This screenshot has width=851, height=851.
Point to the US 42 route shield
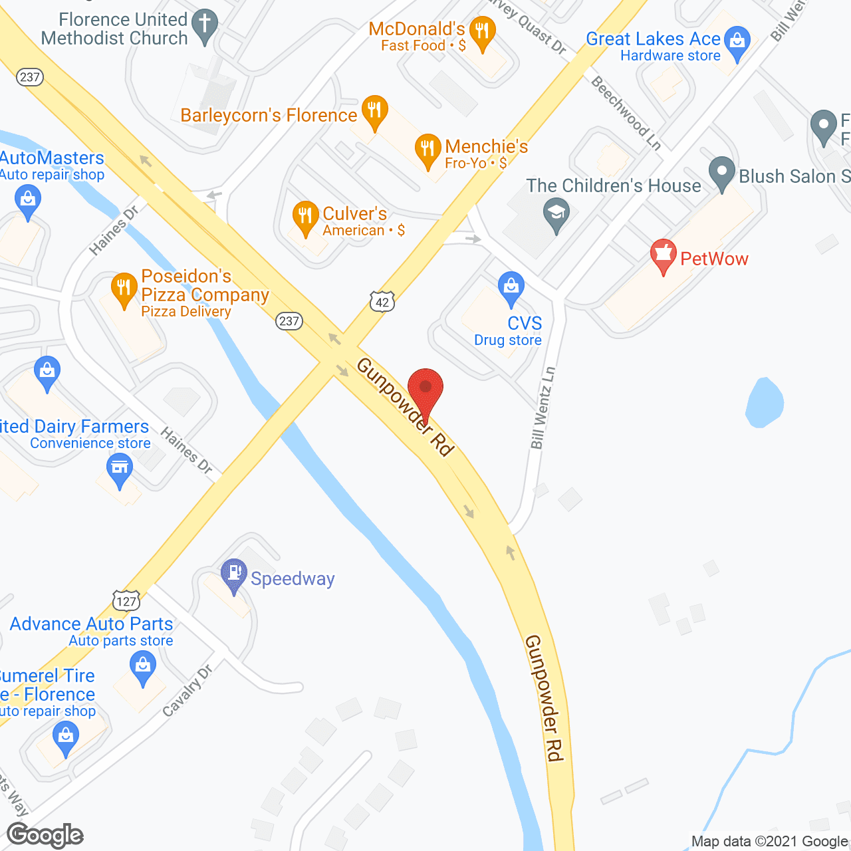tap(382, 303)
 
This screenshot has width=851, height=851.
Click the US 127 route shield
tap(126, 601)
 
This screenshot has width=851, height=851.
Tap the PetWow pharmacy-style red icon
tap(663, 256)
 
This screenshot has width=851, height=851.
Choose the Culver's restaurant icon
tap(305, 217)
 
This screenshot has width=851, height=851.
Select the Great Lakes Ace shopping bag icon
tap(737, 42)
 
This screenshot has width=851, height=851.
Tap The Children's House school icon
tap(556, 215)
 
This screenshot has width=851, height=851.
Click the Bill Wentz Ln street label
tap(543, 408)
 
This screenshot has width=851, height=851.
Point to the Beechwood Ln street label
tap(626, 113)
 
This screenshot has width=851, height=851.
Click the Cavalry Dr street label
tap(187, 691)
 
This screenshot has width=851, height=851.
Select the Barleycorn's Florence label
tap(269, 115)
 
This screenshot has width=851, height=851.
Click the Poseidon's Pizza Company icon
tap(124, 289)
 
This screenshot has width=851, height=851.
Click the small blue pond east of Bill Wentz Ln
tap(764, 403)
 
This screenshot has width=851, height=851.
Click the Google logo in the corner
tap(45, 834)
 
